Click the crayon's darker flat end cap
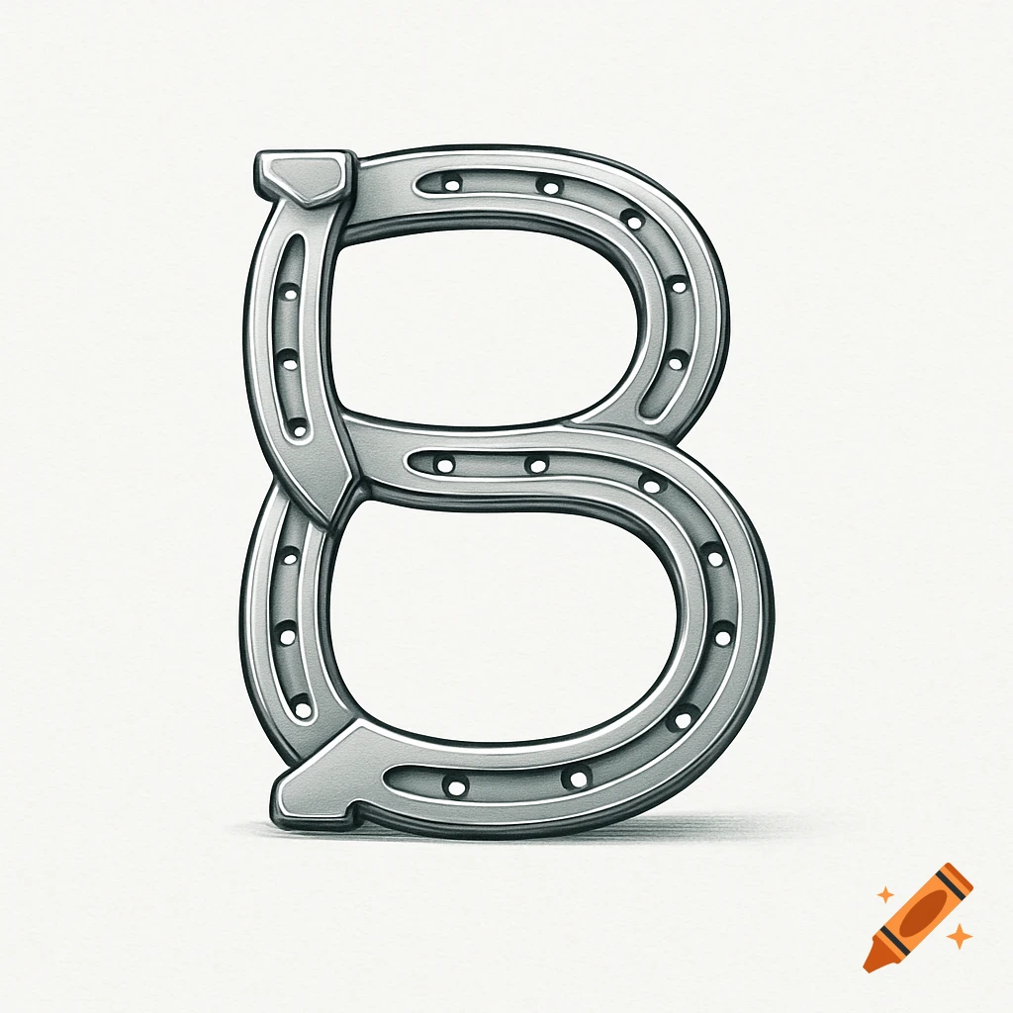point(963,874)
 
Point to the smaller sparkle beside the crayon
point(885,895)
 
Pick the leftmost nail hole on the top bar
point(452,184)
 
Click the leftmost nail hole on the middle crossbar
point(444,464)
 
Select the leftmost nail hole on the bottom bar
point(456,787)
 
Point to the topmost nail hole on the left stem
point(288,296)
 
